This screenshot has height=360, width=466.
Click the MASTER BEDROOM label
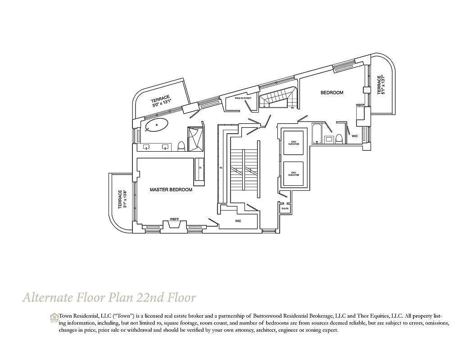tap(171, 190)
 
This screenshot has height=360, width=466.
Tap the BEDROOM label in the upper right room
tap(332, 93)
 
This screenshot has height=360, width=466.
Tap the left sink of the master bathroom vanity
tap(147, 147)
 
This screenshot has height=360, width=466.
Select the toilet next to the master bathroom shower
tap(181, 146)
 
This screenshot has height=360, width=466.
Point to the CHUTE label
tap(285, 209)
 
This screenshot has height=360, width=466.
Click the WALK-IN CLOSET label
tap(243, 97)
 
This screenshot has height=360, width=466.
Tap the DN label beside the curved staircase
tap(292, 108)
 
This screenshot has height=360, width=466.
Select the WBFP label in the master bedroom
tap(174, 219)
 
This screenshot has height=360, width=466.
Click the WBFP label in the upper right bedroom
tap(360, 105)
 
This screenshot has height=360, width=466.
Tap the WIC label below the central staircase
tap(238, 221)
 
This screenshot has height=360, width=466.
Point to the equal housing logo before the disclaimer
tap(54, 317)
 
